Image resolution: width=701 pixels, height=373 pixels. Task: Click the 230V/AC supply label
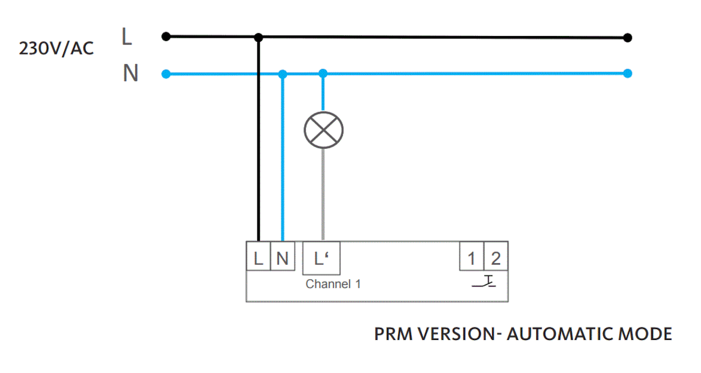tap(56, 49)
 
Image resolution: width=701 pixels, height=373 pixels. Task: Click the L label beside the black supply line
tap(127, 37)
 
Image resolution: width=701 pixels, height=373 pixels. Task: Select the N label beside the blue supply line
tap(130, 73)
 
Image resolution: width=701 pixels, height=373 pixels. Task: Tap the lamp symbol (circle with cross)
tap(323, 130)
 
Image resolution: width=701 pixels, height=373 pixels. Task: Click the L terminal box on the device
tap(258, 259)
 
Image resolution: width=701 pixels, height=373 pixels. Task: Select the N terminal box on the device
tap(282, 259)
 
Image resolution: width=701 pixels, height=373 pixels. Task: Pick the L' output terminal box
tap(322, 259)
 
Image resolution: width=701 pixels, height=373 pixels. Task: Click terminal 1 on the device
tap(472, 259)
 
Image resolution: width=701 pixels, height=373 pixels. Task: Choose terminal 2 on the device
tap(496, 259)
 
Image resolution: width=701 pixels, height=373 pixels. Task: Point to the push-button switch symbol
tap(484, 281)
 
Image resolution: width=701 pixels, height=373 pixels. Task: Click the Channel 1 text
tap(333, 284)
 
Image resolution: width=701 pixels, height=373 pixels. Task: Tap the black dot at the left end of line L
tap(166, 37)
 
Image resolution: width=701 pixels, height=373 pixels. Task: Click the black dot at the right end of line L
tap(628, 38)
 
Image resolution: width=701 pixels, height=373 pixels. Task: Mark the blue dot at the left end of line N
tap(166, 74)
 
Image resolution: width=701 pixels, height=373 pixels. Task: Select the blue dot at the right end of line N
tap(628, 74)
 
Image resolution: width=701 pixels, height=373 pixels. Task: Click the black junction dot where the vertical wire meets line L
tap(259, 38)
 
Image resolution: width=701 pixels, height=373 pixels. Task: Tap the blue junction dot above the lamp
tap(323, 74)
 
